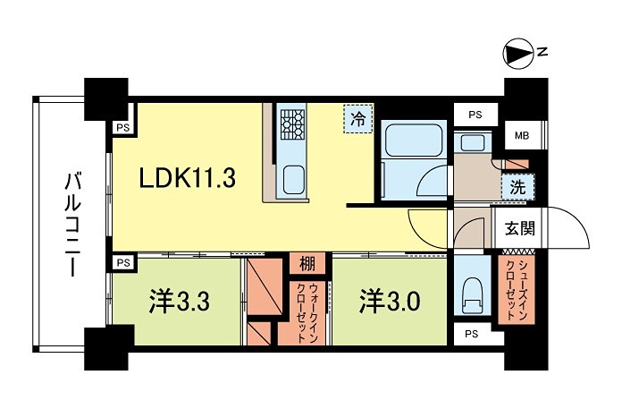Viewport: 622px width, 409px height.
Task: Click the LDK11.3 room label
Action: (x=186, y=178)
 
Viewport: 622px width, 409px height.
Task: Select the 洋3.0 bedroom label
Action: (x=390, y=301)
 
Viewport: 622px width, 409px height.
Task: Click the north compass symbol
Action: (x=516, y=55)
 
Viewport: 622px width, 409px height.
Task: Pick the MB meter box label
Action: (x=521, y=136)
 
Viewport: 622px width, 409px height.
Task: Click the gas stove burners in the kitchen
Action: (x=293, y=124)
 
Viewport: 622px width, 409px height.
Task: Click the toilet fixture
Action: (x=470, y=296)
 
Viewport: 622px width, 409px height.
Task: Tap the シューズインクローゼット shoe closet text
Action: (x=514, y=289)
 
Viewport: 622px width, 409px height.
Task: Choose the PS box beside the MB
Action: (x=475, y=115)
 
